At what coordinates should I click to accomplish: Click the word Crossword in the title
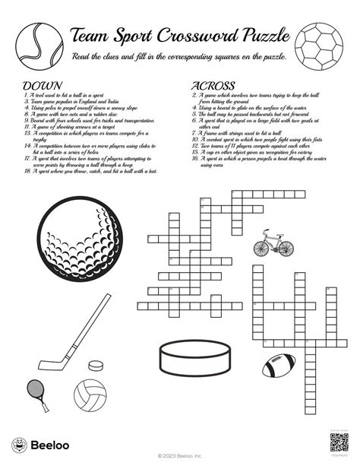click(197, 35)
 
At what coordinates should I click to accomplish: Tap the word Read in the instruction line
click(81, 57)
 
